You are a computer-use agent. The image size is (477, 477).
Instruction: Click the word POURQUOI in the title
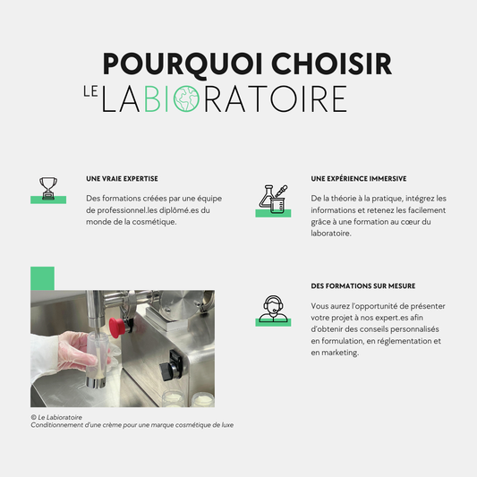(x=183, y=64)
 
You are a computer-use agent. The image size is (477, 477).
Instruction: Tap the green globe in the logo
(x=186, y=98)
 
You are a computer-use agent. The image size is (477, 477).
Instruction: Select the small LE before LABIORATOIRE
(x=90, y=91)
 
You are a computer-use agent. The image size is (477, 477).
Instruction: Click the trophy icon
(x=48, y=188)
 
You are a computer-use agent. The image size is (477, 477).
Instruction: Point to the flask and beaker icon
(x=273, y=199)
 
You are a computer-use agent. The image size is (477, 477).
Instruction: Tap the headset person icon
(x=273, y=309)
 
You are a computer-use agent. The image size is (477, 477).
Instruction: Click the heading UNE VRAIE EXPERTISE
(x=122, y=179)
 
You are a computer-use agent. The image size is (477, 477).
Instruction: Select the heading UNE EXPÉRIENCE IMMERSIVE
(x=359, y=179)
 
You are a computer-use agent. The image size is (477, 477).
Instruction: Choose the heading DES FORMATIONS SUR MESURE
(x=363, y=286)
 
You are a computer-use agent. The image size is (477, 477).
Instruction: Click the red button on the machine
(x=117, y=328)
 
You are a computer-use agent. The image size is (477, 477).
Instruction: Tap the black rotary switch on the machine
(x=171, y=366)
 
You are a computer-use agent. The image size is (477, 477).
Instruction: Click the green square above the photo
(x=42, y=278)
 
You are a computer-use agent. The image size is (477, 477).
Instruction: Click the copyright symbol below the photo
(x=33, y=417)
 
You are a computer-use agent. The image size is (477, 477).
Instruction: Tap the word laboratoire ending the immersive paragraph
(x=331, y=234)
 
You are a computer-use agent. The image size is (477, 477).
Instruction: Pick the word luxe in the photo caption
(x=227, y=425)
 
